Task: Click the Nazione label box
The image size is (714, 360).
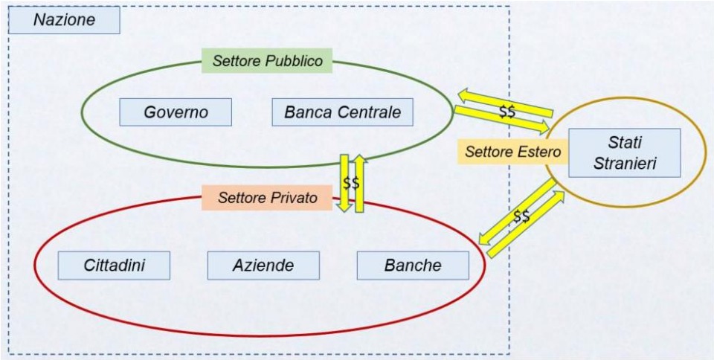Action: pyautogui.click(x=64, y=20)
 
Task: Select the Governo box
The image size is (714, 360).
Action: pyautogui.click(x=176, y=112)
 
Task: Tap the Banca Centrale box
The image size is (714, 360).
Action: pyautogui.click(x=342, y=112)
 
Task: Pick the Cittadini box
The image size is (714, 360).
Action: pyautogui.click(x=114, y=266)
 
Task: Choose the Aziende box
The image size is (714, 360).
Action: pyautogui.click(x=263, y=266)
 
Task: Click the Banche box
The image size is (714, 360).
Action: pyautogui.click(x=413, y=266)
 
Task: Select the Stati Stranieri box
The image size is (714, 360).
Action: pyautogui.click(x=624, y=153)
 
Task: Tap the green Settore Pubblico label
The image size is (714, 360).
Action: pyautogui.click(x=267, y=61)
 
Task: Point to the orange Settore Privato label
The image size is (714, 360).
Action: pyautogui.click(x=267, y=198)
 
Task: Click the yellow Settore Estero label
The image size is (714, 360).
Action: pyautogui.click(x=512, y=152)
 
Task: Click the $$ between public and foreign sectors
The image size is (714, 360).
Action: pyautogui.click(x=506, y=112)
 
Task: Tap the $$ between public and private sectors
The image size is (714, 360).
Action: pyautogui.click(x=351, y=183)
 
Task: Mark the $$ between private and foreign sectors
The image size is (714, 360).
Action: pyautogui.click(x=521, y=217)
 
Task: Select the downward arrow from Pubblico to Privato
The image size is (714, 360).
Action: pyautogui.click(x=344, y=183)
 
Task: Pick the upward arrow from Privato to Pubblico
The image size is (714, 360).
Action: pyautogui.click(x=360, y=183)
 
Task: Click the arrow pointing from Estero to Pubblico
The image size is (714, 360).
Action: pyautogui.click(x=506, y=103)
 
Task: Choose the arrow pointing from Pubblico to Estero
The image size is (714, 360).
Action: pyautogui.click(x=502, y=120)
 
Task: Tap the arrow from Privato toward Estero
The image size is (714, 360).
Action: pyautogui.click(x=526, y=223)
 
